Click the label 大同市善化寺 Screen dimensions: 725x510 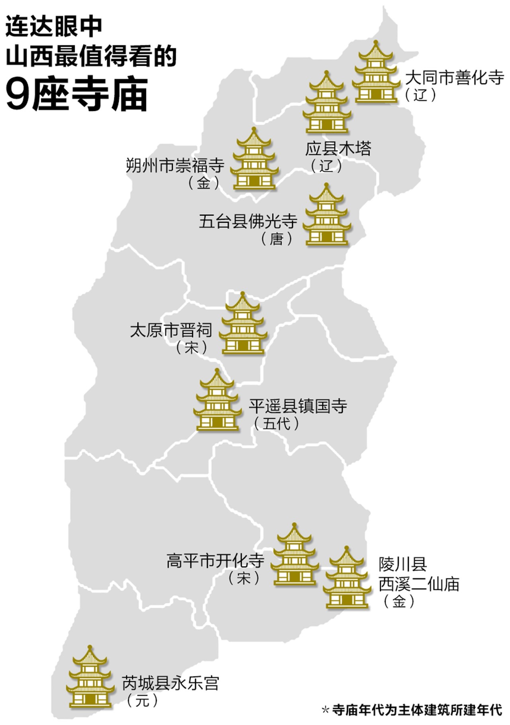point(454,78)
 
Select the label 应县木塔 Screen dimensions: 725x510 point(338,149)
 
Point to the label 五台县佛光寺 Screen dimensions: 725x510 point(248,221)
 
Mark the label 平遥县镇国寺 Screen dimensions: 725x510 point(298,406)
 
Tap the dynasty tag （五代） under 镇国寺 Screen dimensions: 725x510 point(277,423)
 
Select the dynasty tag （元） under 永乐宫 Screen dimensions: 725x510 point(142,700)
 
